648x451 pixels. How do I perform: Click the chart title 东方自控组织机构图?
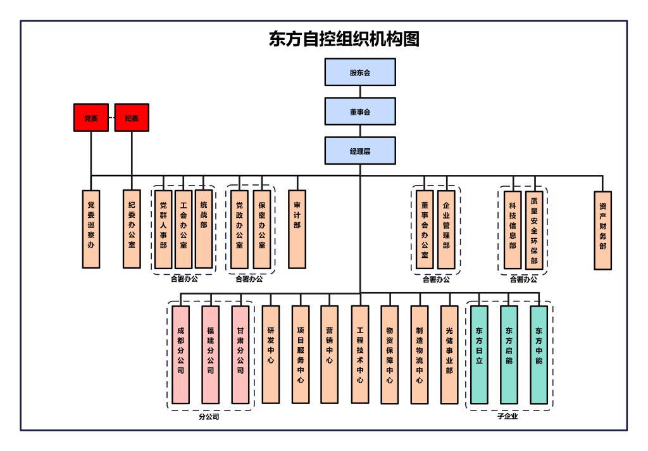(344, 39)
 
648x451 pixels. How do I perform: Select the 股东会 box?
(360, 72)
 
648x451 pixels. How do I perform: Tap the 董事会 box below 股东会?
(360, 111)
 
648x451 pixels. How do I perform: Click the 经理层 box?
(360, 151)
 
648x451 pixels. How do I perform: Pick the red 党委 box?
(90, 118)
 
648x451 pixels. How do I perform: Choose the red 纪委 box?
(132, 118)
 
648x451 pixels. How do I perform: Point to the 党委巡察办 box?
(91, 229)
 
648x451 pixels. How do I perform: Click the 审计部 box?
(297, 229)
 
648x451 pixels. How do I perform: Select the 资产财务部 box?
(603, 230)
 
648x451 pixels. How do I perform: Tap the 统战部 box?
(203, 229)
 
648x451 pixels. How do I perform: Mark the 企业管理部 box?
(445, 229)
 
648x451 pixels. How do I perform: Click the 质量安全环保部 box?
(534, 229)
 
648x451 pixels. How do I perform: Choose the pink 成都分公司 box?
(180, 355)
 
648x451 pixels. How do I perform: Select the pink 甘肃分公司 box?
(240, 355)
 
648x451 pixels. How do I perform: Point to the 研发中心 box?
(270, 355)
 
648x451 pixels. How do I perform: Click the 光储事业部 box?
(449, 355)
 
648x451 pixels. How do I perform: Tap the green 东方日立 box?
(479, 355)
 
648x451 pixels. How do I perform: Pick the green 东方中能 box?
(539, 355)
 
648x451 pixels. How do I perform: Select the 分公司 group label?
(209, 417)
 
